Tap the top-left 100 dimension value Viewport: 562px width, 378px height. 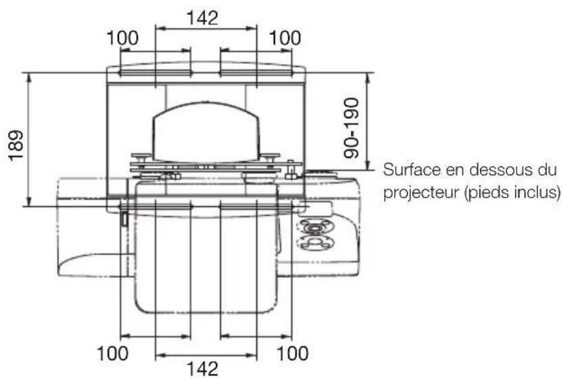point(122,38)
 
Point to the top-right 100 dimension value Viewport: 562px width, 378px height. point(283,38)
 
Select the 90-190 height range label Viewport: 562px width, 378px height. point(351,126)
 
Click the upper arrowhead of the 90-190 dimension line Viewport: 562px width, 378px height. point(367,75)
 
